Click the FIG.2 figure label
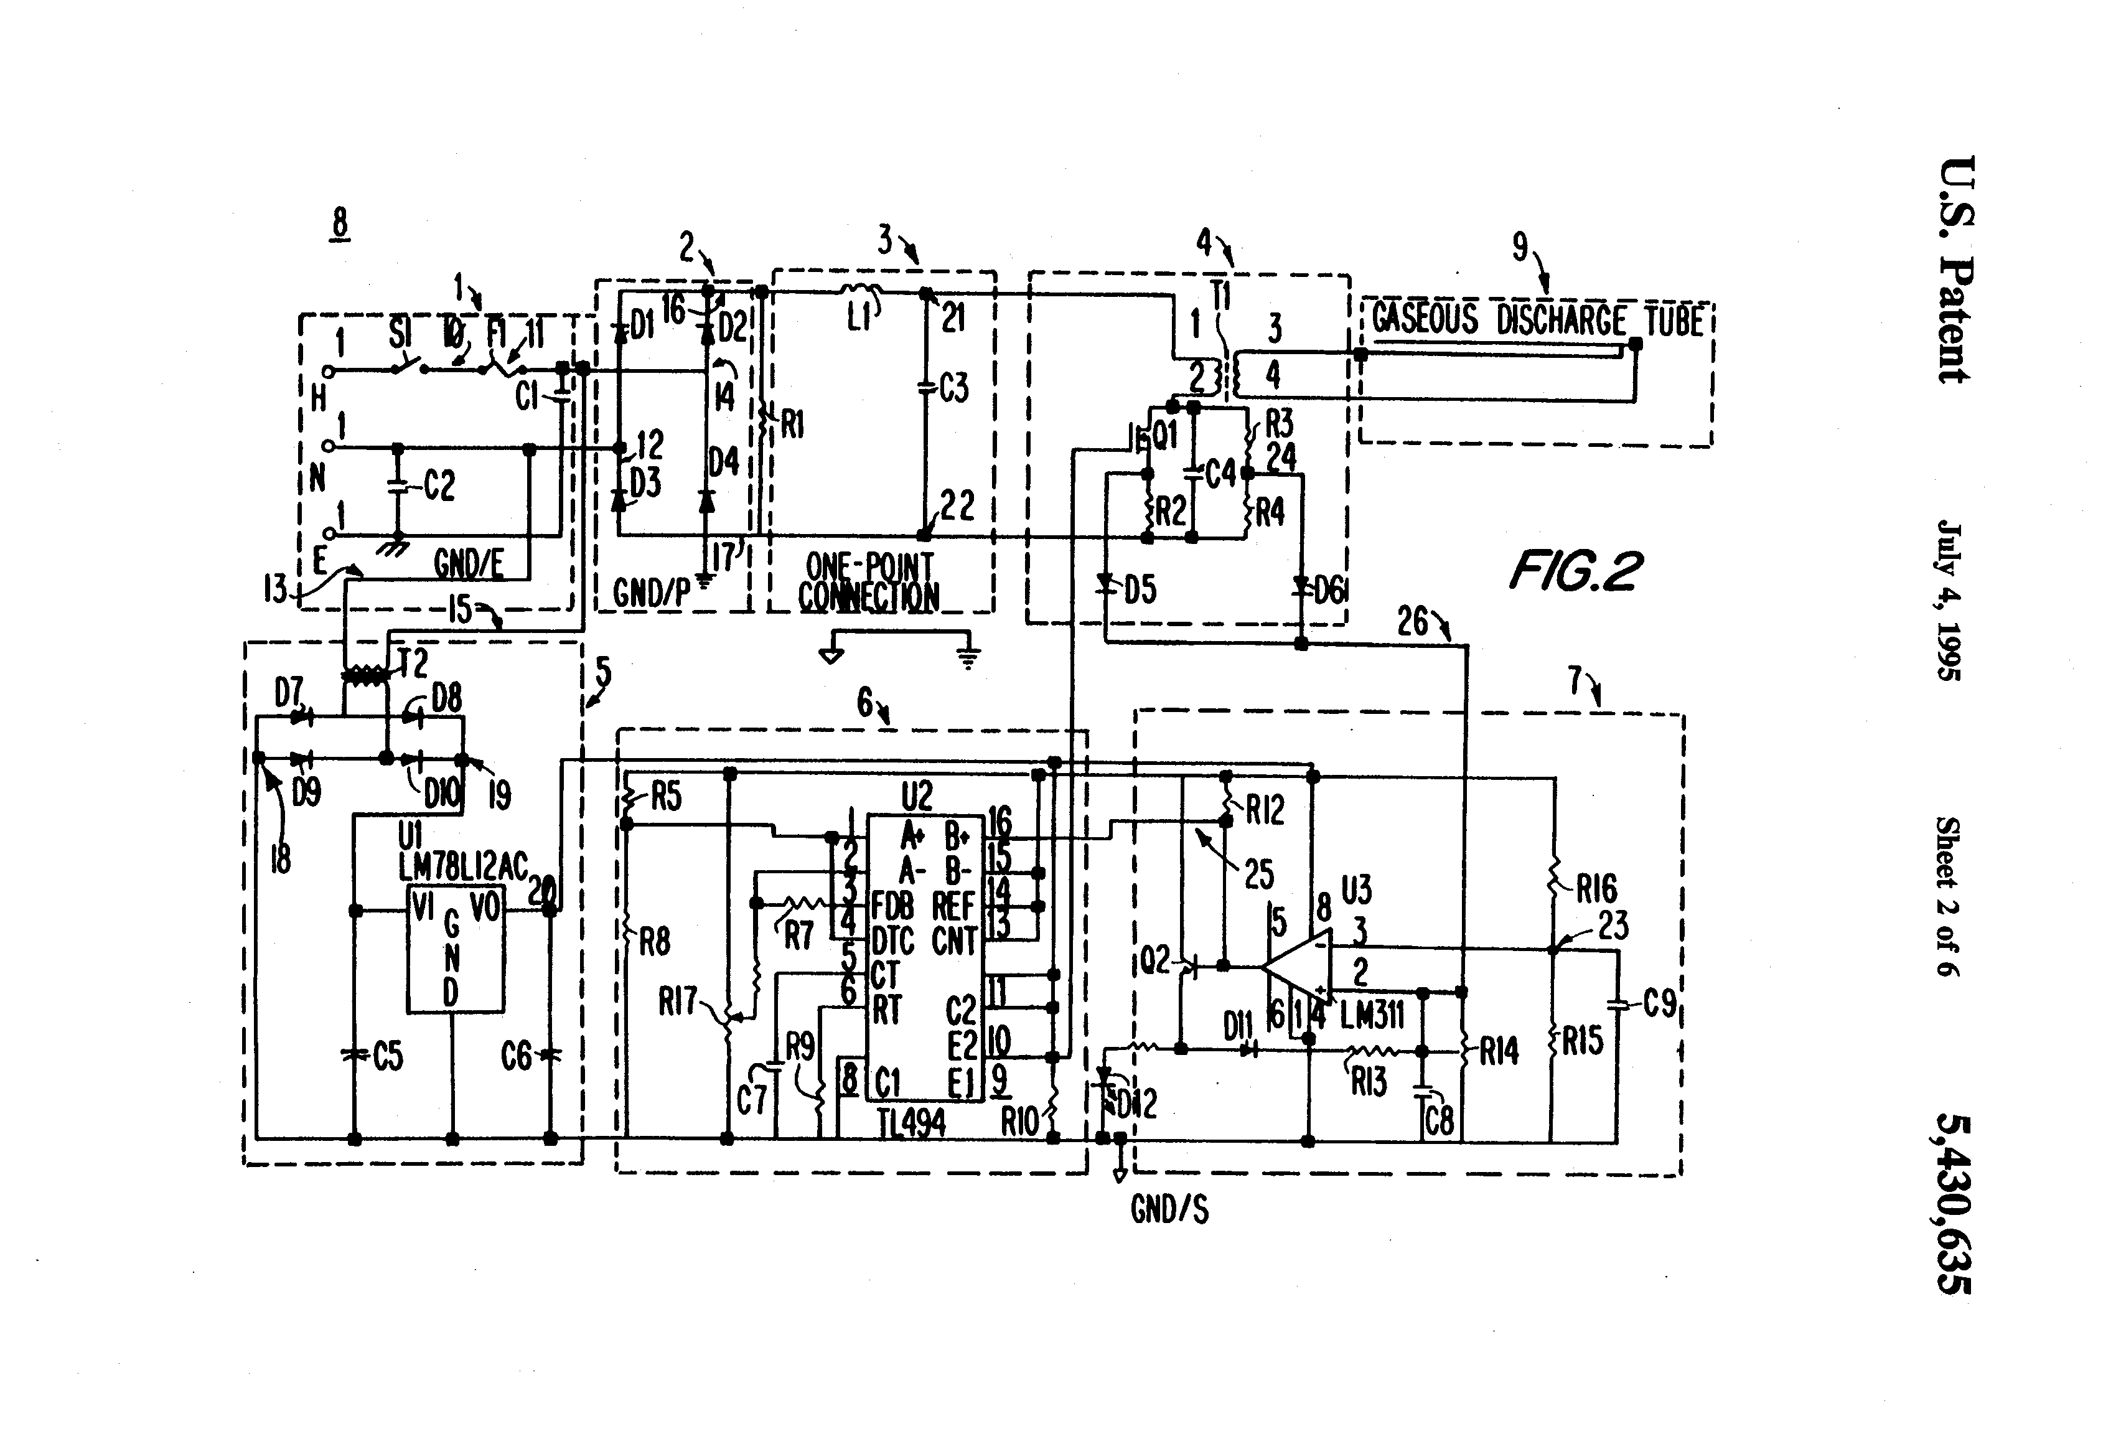click(x=1575, y=571)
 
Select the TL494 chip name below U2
click(x=911, y=1123)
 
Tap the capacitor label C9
click(x=1660, y=1004)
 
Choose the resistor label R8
click(x=654, y=942)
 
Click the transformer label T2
click(x=413, y=663)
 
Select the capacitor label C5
click(x=388, y=1057)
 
